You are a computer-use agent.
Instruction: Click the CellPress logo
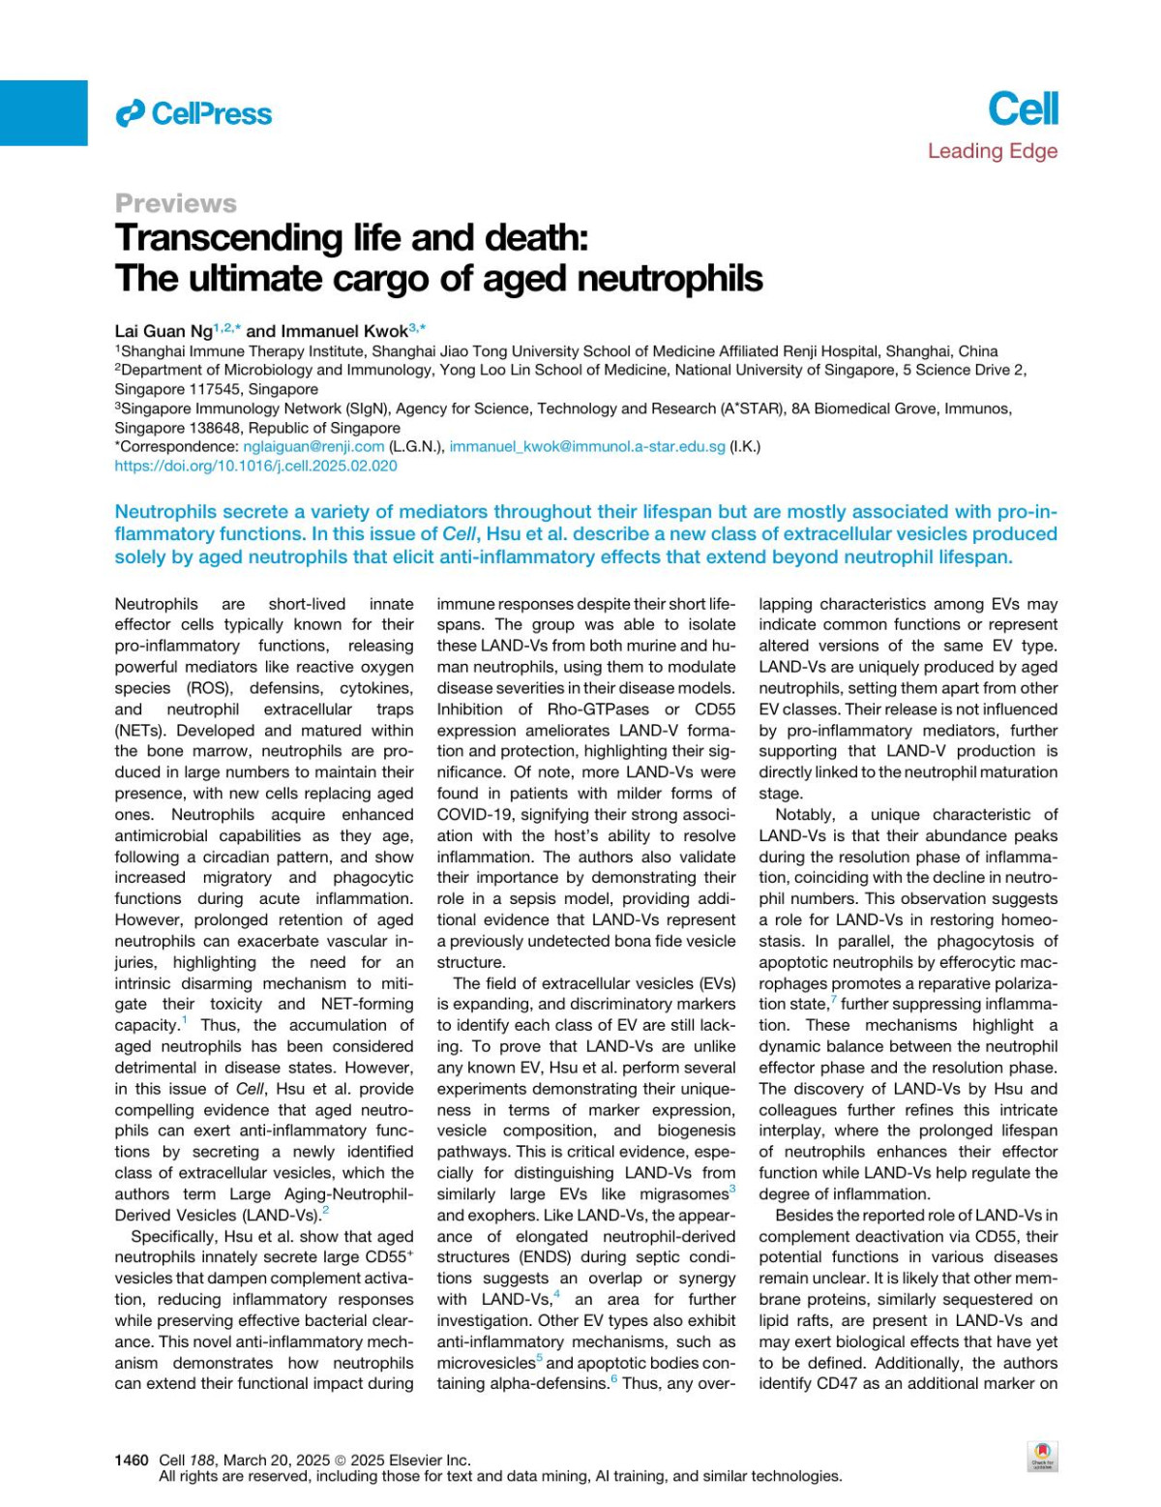(193, 114)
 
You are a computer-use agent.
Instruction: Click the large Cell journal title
(1023, 108)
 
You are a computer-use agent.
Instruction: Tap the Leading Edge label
(992, 151)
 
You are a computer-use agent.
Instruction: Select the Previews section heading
(175, 203)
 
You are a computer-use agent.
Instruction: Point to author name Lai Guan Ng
(164, 331)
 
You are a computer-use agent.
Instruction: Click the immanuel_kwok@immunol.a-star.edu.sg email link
(587, 446)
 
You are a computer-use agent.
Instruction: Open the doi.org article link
(255, 466)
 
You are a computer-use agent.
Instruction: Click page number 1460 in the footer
(132, 1460)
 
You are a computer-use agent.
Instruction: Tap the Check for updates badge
(1042, 1456)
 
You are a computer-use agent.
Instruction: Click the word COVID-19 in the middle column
(470, 815)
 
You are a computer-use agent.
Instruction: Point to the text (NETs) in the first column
(141, 731)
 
